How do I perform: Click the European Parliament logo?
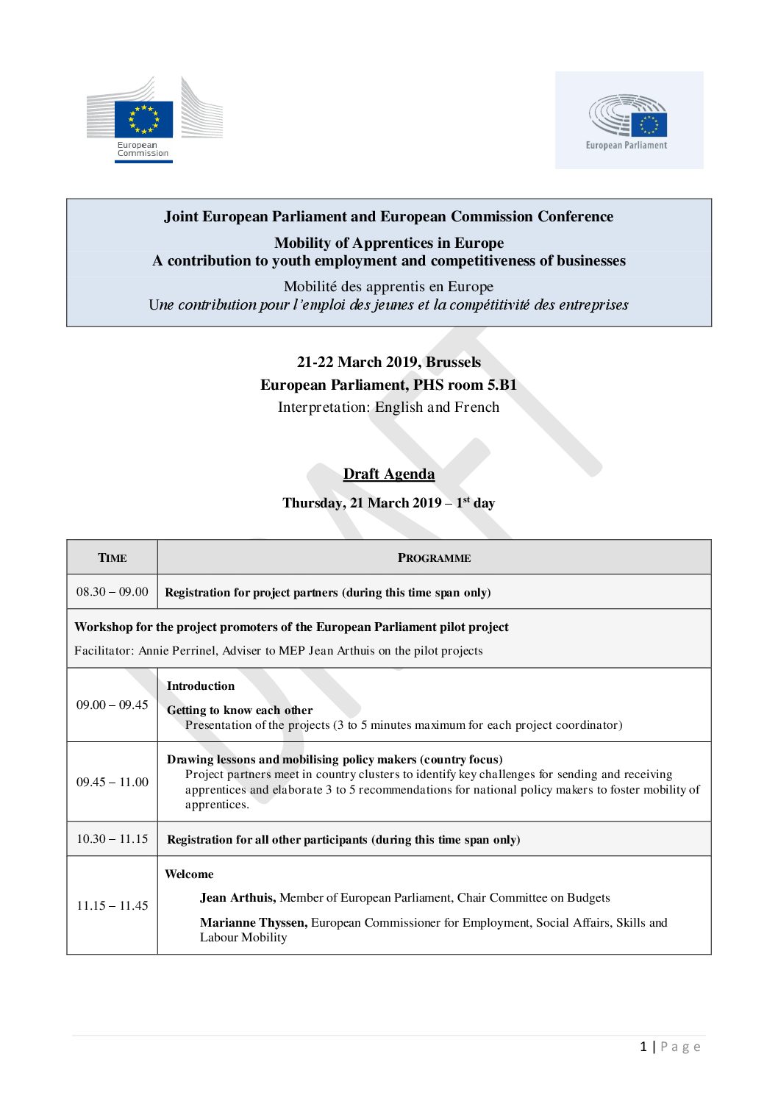coord(629,121)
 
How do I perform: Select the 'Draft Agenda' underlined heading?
coord(388,474)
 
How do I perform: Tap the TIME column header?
coord(113,557)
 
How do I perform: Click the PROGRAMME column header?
coord(434,557)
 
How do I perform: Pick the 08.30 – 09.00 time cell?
coord(113,592)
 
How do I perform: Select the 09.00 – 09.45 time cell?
coord(113,705)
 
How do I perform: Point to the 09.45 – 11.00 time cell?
coord(113,782)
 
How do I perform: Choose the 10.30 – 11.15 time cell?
coord(113,839)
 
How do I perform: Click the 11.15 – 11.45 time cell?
coord(113,905)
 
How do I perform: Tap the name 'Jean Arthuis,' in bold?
coord(238,898)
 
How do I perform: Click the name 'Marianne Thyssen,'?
coord(254,923)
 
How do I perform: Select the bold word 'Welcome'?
coord(189,874)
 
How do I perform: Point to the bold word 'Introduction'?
coord(201,686)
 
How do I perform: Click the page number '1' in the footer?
coord(643,1047)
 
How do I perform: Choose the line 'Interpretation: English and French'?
coord(388,407)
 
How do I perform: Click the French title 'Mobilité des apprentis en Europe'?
coord(388,287)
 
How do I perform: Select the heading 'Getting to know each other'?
coord(240,710)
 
